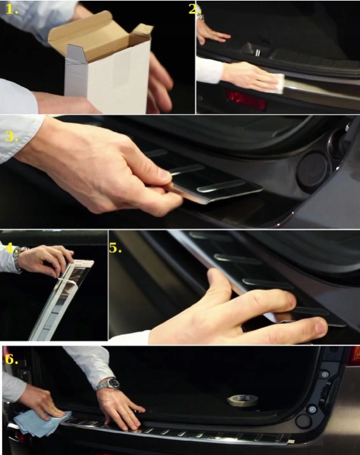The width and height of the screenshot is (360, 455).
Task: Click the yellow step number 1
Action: point(11,10)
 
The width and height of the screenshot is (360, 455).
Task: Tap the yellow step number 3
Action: point(11,136)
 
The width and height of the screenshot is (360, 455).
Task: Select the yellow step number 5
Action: point(115,248)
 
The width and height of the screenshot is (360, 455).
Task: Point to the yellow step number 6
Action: point(11,360)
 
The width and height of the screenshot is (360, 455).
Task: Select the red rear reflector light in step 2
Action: point(246,100)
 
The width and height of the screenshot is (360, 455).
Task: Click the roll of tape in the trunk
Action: point(242,400)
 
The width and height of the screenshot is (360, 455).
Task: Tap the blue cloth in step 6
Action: point(41,423)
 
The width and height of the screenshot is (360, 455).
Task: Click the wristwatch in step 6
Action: point(109,384)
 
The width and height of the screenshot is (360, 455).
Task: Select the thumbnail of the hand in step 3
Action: point(165,175)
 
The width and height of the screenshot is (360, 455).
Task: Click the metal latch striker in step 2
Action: point(258,53)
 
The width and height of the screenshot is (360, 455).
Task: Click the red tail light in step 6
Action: point(354,355)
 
